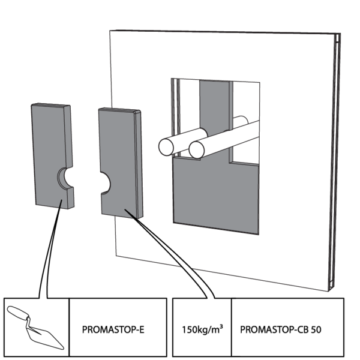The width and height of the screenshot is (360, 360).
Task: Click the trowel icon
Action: pyautogui.click(x=36, y=327)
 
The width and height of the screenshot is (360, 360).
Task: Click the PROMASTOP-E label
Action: pyautogui.click(x=114, y=329)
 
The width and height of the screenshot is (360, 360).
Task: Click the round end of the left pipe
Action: pyautogui.click(x=166, y=146)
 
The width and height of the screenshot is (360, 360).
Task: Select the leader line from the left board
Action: pyautogui.click(x=48, y=252)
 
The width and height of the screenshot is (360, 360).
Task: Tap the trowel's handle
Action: pyautogui.click(x=18, y=313)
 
